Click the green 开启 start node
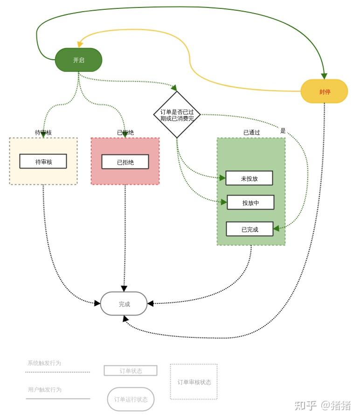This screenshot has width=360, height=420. click(78, 60)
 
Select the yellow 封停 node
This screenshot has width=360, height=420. click(325, 91)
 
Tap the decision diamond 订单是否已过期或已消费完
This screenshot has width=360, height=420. click(177, 115)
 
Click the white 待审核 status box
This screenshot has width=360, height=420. click(43, 161)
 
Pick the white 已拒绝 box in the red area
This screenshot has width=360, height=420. click(125, 162)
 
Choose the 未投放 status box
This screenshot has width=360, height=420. click(249, 178)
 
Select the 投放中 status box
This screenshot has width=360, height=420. click(250, 203)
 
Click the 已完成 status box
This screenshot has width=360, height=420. click(249, 229)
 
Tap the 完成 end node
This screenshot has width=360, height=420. click(124, 304)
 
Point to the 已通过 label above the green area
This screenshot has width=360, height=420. click(251, 133)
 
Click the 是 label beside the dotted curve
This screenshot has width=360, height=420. click(283, 131)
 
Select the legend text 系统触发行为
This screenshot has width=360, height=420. click(44, 363)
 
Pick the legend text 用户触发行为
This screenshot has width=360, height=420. click(44, 390)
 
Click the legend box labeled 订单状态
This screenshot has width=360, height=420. click(131, 371)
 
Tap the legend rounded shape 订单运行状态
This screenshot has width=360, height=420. click(131, 399)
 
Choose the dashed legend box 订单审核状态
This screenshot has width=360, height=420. click(194, 382)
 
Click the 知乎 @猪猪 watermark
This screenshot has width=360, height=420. click(322, 405)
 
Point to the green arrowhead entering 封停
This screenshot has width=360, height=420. click(324, 76)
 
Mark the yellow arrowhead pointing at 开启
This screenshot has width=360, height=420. click(80, 44)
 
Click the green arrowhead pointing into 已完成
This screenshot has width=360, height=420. click(277, 229)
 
